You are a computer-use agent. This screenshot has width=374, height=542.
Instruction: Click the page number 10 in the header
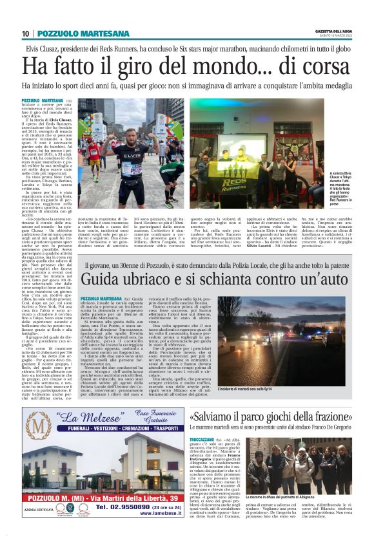[x=26, y=33]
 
